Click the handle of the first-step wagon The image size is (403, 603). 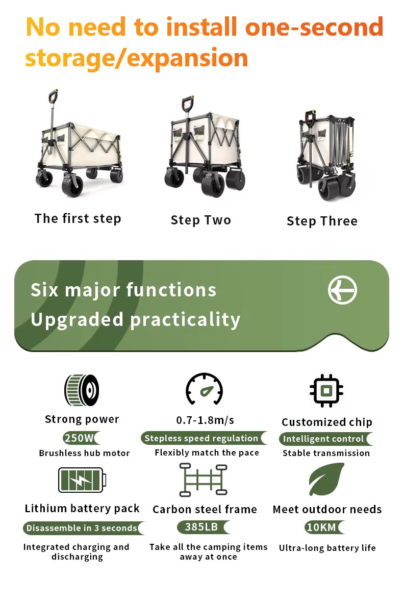[x=53, y=96]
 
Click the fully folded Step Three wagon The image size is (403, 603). [x=326, y=156]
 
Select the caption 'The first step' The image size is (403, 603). [x=78, y=218]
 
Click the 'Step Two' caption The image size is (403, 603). [x=200, y=220]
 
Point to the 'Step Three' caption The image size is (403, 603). [x=322, y=221]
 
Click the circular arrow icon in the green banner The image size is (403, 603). [x=342, y=290]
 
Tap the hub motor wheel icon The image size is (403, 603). [x=82, y=390]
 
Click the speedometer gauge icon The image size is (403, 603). [x=204, y=389]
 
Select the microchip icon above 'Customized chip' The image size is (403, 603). [x=326, y=391]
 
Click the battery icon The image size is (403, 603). [x=82, y=480]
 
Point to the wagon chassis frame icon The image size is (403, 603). [x=204, y=480]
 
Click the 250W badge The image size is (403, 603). [x=81, y=438]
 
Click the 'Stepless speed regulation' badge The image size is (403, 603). [x=204, y=438]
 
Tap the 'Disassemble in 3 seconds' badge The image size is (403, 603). [x=84, y=528]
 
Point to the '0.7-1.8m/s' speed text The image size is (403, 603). [x=205, y=420]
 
